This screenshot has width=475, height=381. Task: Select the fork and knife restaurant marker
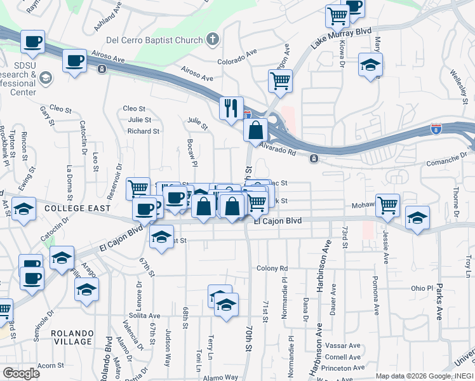(x=231, y=107)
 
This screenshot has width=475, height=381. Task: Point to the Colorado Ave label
(x=236, y=63)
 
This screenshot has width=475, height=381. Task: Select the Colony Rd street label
(x=272, y=269)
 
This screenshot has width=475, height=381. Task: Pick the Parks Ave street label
(x=439, y=301)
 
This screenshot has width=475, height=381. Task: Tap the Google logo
(x=21, y=373)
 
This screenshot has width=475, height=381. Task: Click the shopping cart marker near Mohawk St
(x=387, y=205)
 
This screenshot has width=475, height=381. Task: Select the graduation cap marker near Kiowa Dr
(x=370, y=64)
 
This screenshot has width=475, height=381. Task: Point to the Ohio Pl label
(x=422, y=288)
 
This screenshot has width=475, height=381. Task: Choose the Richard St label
(x=143, y=131)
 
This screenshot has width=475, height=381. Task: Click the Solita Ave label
(x=142, y=316)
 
